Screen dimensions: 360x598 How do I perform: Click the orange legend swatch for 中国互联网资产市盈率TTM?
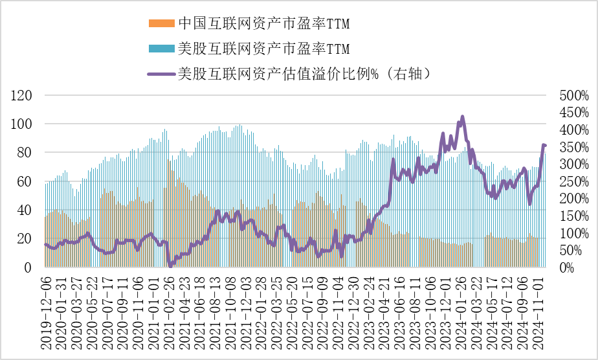pyautogui.click(x=162, y=24)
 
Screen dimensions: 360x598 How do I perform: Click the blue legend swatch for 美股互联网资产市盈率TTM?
pyautogui.click(x=162, y=49)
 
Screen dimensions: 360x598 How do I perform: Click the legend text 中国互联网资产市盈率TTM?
pyautogui.click(x=264, y=24)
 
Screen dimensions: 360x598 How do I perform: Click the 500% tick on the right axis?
pyautogui.click(x=574, y=96)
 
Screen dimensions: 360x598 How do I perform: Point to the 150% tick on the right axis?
pyautogui.click(x=574, y=216)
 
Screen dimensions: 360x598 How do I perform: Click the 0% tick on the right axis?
pyautogui.click(x=568, y=267)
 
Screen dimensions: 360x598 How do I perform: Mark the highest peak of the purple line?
pyautogui.click(x=462, y=117)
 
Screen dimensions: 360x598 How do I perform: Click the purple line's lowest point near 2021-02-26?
pyautogui.click(x=170, y=265)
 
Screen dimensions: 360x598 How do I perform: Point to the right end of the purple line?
pyautogui.click(x=546, y=146)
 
